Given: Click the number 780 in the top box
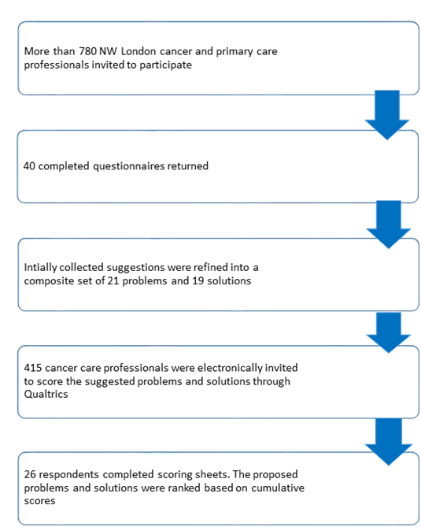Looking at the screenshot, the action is coord(88,51).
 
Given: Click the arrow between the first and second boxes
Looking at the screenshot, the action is coord(387,115).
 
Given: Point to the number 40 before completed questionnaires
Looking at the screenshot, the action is coord(29,166).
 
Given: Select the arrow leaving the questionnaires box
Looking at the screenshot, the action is coord(389,225).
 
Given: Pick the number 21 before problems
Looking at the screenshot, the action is coord(113,280).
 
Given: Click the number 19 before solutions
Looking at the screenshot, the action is coord(198,280).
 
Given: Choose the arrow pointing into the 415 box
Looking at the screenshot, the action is coord(389,332).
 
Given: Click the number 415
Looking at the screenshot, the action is coord(33,368).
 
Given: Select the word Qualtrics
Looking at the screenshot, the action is coord(46,394).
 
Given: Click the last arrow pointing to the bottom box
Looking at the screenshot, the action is coord(389,442).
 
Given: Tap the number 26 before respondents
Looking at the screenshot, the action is coord(30,474).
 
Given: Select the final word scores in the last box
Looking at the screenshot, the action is coord(39,501).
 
